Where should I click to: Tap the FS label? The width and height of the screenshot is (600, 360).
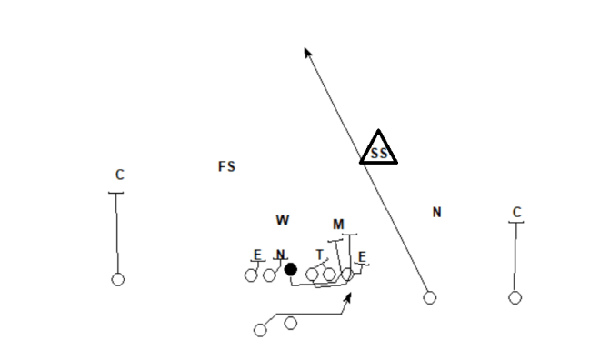pyautogui.click(x=226, y=166)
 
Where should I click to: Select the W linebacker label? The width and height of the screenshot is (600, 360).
pyautogui.click(x=283, y=220)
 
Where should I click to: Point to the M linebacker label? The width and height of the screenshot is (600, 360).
pyautogui.click(x=338, y=225)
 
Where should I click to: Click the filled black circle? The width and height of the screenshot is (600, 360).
pyautogui.click(x=290, y=269)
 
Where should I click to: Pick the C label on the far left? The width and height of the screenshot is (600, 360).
pyautogui.click(x=119, y=175)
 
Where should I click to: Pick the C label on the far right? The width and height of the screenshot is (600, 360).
pyautogui.click(x=516, y=213)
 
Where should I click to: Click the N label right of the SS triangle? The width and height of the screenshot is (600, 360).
pyautogui.click(x=436, y=213)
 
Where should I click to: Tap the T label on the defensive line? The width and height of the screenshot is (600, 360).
pyautogui.click(x=319, y=255)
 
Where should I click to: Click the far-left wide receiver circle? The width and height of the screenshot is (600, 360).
pyautogui.click(x=117, y=279)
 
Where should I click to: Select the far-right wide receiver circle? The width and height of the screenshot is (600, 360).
pyautogui.click(x=515, y=297)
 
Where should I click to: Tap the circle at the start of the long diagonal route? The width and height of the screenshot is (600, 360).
pyautogui.click(x=430, y=297)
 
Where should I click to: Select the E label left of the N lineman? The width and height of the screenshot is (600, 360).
pyautogui.click(x=258, y=255)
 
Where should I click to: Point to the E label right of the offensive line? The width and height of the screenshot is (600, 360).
pyautogui.click(x=362, y=257)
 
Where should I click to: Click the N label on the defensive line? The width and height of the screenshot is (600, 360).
pyautogui.click(x=281, y=255)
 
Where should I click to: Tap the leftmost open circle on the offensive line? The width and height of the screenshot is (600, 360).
pyautogui.click(x=251, y=275)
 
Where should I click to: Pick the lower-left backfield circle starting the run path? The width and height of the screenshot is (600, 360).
pyautogui.click(x=261, y=330)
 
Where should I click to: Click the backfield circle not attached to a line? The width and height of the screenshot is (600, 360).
pyautogui.click(x=290, y=323)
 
